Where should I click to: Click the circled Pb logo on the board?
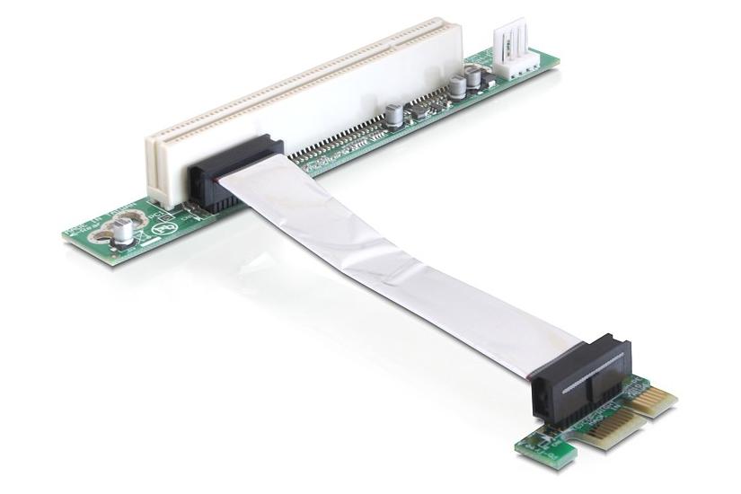pyautogui.click(x=162, y=225)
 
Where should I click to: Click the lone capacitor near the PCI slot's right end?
pyautogui.click(x=393, y=115)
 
